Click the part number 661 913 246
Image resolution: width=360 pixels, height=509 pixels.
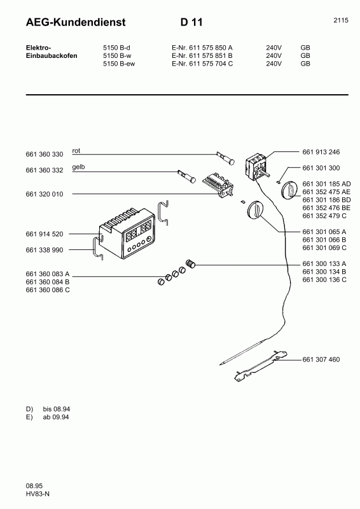[x=321, y=153]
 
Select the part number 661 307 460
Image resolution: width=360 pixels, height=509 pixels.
[x=321, y=359]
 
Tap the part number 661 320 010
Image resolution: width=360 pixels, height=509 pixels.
[x=45, y=193]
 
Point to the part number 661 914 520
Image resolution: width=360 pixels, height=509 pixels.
[x=45, y=235]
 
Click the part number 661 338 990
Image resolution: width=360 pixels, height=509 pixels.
[x=45, y=251]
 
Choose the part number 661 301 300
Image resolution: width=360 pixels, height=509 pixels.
[x=321, y=169]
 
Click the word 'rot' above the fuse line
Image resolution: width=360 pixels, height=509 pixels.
[x=76, y=151]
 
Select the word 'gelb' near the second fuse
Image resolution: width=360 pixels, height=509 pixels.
[x=79, y=167]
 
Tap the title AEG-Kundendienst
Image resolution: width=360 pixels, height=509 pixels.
[x=75, y=23]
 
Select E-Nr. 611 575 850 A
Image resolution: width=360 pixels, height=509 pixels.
[x=202, y=48]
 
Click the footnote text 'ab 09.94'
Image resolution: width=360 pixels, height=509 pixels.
[x=56, y=417]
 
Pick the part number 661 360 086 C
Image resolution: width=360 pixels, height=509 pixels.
[x=48, y=289]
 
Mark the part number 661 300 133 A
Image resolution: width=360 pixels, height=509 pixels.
[x=324, y=263]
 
